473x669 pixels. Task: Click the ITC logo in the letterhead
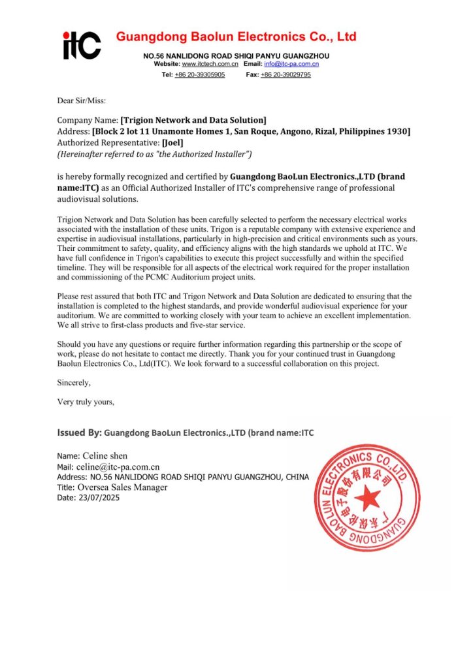pos(82,45)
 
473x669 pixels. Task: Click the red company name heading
pos(236,37)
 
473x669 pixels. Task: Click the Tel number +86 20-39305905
pos(199,75)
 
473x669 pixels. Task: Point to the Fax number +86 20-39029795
pos(285,75)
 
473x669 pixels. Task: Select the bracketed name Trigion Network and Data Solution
pos(193,120)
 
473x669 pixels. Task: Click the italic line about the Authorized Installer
pos(154,154)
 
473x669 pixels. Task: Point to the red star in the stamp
pos(367,498)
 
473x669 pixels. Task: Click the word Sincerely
pos(74,383)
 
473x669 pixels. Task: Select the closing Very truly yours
pos(86,402)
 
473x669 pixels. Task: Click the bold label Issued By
pos(79,432)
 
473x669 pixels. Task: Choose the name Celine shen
pos(105,455)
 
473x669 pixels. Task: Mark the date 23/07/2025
pos(99,497)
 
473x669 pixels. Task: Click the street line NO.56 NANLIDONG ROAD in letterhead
pos(236,56)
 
